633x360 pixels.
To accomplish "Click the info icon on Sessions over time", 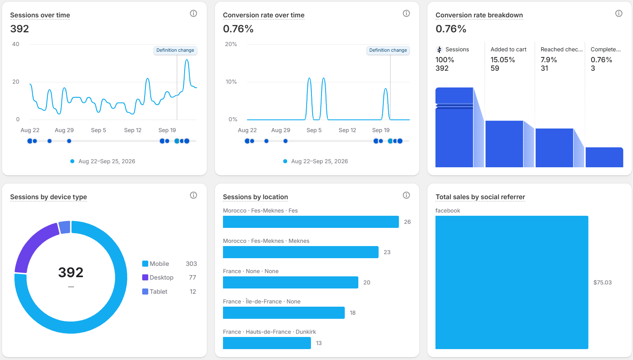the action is point(193,14).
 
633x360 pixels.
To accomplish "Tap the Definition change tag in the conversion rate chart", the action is point(388,50).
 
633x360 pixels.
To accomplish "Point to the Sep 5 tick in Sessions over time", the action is point(98,130).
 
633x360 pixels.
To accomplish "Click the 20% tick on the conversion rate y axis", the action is point(231,44).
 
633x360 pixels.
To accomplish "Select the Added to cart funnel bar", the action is point(504,144).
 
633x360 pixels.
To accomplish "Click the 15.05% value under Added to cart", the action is point(503,60).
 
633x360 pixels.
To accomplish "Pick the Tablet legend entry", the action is point(155,292).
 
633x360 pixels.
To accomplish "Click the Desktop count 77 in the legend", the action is point(192,278).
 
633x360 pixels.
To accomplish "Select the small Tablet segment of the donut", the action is point(65,227).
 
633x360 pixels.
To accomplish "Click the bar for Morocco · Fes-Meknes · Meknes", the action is point(301,252).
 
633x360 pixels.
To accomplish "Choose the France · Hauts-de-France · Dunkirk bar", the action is point(267,343).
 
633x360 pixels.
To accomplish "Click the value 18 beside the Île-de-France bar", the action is point(352,313).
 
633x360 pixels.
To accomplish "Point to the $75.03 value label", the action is point(602,282).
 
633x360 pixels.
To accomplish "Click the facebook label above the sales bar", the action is point(448,211).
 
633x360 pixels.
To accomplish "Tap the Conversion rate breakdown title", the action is point(479,15).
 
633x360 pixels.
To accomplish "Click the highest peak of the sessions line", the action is point(187,60).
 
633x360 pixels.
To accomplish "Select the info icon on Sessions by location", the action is point(406,195).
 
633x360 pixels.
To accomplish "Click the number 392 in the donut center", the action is point(71,272).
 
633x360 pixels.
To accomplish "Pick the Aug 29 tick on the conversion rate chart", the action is point(281,130).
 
